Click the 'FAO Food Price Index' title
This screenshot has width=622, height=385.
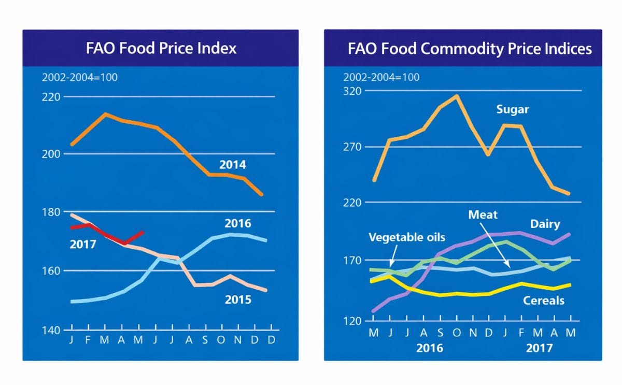click(x=161, y=49)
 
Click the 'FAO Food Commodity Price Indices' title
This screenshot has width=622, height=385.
click(x=470, y=49)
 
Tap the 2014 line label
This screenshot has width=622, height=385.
click(x=232, y=165)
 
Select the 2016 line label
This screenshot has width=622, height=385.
click(x=237, y=223)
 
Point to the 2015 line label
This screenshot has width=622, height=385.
click(x=237, y=300)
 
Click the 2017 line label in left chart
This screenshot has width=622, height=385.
click(x=83, y=244)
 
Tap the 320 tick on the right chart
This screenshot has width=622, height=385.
click(x=353, y=91)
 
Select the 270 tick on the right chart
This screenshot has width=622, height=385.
click(x=353, y=147)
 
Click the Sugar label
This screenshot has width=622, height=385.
click(x=512, y=109)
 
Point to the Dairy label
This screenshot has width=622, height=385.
click(x=545, y=224)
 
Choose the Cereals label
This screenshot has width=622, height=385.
click(x=543, y=301)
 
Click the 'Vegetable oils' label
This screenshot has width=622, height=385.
click(x=406, y=237)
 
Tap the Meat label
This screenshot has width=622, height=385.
click(x=483, y=215)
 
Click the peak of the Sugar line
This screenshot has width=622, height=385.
click(x=457, y=96)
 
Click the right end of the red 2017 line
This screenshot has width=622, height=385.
click(x=143, y=232)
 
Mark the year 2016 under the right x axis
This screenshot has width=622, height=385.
click(x=430, y=348)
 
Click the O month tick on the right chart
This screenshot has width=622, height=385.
click(x=457, y=333)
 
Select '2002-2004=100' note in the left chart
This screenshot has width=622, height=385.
click(x=79, y=78)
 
